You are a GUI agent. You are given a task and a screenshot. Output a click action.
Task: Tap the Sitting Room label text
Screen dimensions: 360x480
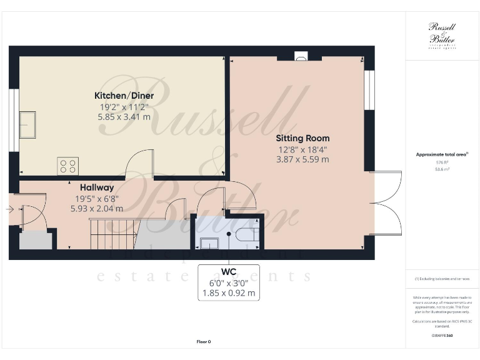coord(302,138)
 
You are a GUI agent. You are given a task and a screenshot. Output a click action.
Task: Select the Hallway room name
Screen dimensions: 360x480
coord(96,187)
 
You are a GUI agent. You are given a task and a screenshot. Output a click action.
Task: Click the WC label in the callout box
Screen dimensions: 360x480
coord(229,272)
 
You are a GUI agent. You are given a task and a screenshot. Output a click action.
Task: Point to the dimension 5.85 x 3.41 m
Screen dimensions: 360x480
coord(124,116)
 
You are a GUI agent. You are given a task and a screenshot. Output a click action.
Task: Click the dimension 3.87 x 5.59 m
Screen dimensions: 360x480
coord(302,159)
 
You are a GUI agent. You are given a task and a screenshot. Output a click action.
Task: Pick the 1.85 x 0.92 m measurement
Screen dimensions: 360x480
coord(229,292)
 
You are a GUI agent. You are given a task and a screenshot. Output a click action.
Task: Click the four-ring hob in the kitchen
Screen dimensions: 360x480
coord(67,165)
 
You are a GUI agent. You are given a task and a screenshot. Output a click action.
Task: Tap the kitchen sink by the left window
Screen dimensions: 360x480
coord(28,124)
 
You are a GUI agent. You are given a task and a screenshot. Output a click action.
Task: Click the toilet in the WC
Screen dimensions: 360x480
coord(244,236)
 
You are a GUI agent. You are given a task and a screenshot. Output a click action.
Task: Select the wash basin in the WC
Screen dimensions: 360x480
coord(209,242)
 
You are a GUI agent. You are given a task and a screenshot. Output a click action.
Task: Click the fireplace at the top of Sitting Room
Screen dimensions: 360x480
coord(300,57)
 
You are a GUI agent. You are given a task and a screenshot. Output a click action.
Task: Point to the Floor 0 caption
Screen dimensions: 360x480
coord(203,342)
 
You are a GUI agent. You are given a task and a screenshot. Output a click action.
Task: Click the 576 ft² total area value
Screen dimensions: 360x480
coord(442,162)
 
